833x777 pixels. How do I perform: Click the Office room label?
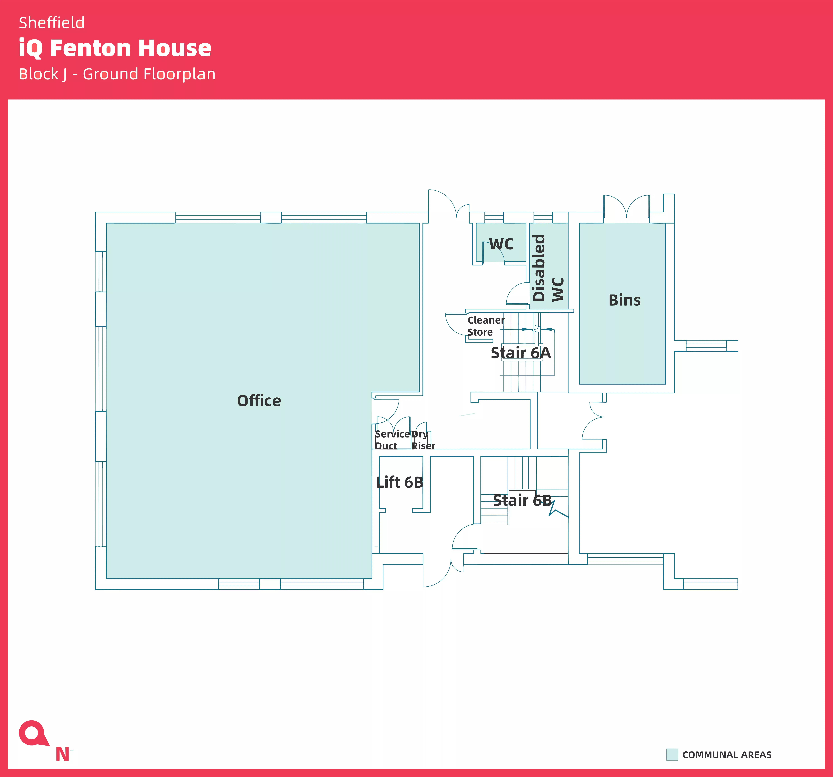(x=259, y=401)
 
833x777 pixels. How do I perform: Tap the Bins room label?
(x=624, y=300)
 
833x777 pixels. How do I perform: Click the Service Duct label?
(x=392, y=440)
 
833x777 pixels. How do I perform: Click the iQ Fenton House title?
(x=115, y=48)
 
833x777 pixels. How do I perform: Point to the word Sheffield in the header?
(x=51, y=23)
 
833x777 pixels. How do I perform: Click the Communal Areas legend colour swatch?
(x=672, y=754)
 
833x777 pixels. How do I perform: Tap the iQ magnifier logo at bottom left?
(x=34, y=733)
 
